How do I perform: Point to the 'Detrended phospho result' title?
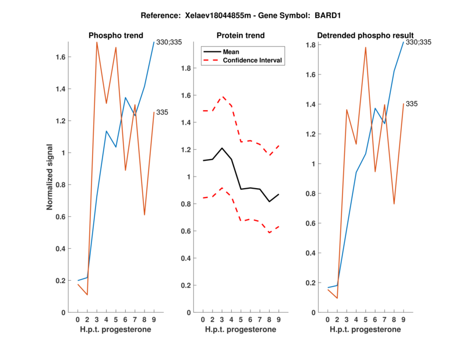[365, 36]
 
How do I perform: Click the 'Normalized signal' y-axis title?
[51, 177]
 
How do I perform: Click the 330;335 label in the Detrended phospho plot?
[418, 42]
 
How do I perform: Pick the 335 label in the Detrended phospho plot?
[412, 104]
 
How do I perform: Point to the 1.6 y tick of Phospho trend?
[59, 57]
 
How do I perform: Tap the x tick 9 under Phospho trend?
[154, 319]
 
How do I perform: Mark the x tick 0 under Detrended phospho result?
[328, 319]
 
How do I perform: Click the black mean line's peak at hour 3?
[221, 148]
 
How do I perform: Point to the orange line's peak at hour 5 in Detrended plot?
[365, 47]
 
